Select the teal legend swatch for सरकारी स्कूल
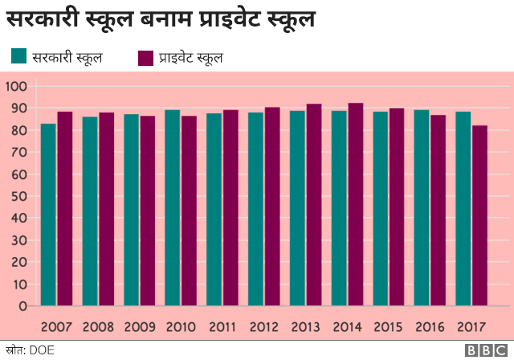[19, 56]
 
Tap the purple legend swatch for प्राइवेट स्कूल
[146, 57]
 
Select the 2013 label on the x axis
[305, 327]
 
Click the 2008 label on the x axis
[98, 327]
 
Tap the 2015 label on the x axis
[389, 327]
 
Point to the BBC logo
[485, 350]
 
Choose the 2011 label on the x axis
[222, 327]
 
